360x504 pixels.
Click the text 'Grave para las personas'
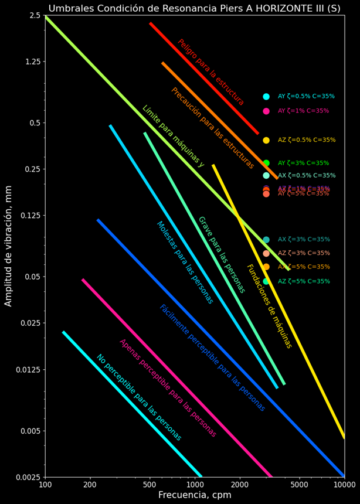[221, 254]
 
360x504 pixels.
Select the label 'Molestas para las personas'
[185, 262]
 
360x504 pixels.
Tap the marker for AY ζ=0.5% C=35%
[266, 97]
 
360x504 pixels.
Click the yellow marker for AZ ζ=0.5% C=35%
[266, 140]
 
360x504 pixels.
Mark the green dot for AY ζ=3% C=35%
[266, 163]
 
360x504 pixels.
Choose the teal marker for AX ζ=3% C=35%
[266, 240]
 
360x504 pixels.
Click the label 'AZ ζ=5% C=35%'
[304, 281]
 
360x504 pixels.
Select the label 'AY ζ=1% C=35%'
[304, 111]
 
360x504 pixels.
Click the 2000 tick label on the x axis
[239, 485]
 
